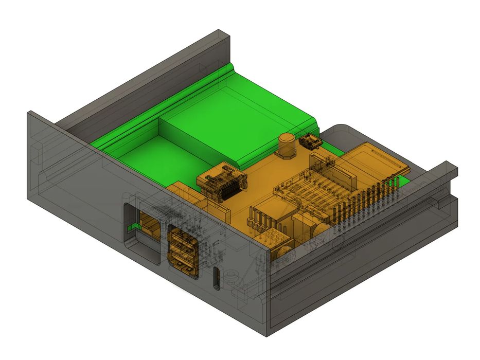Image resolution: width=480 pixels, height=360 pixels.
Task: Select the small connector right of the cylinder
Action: point(310,142)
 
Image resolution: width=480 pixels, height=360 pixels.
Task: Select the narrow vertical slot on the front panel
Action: point(217,278)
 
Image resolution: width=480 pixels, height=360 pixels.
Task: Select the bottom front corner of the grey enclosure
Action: point(268,334)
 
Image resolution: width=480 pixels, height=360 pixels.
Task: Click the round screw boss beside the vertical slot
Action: point(231,277)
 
